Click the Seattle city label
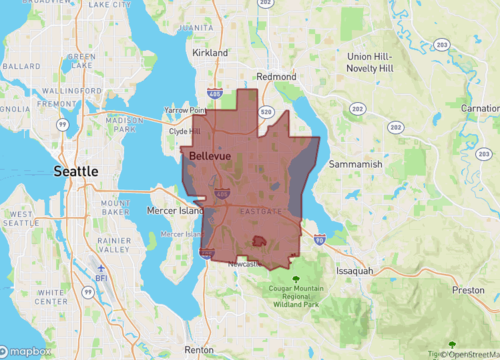click(x=76, y=172)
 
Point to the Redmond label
click(x=277, y=76)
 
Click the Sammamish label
click(x=356, y=163)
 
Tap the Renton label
click(x=199, y=350)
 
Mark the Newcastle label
click(x=244, y=264)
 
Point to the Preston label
click(x=468, y=290)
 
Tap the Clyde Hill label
click(x=187, y=131)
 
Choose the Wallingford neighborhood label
click(x=76, y=91)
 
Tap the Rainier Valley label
click(x=115, y=246)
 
